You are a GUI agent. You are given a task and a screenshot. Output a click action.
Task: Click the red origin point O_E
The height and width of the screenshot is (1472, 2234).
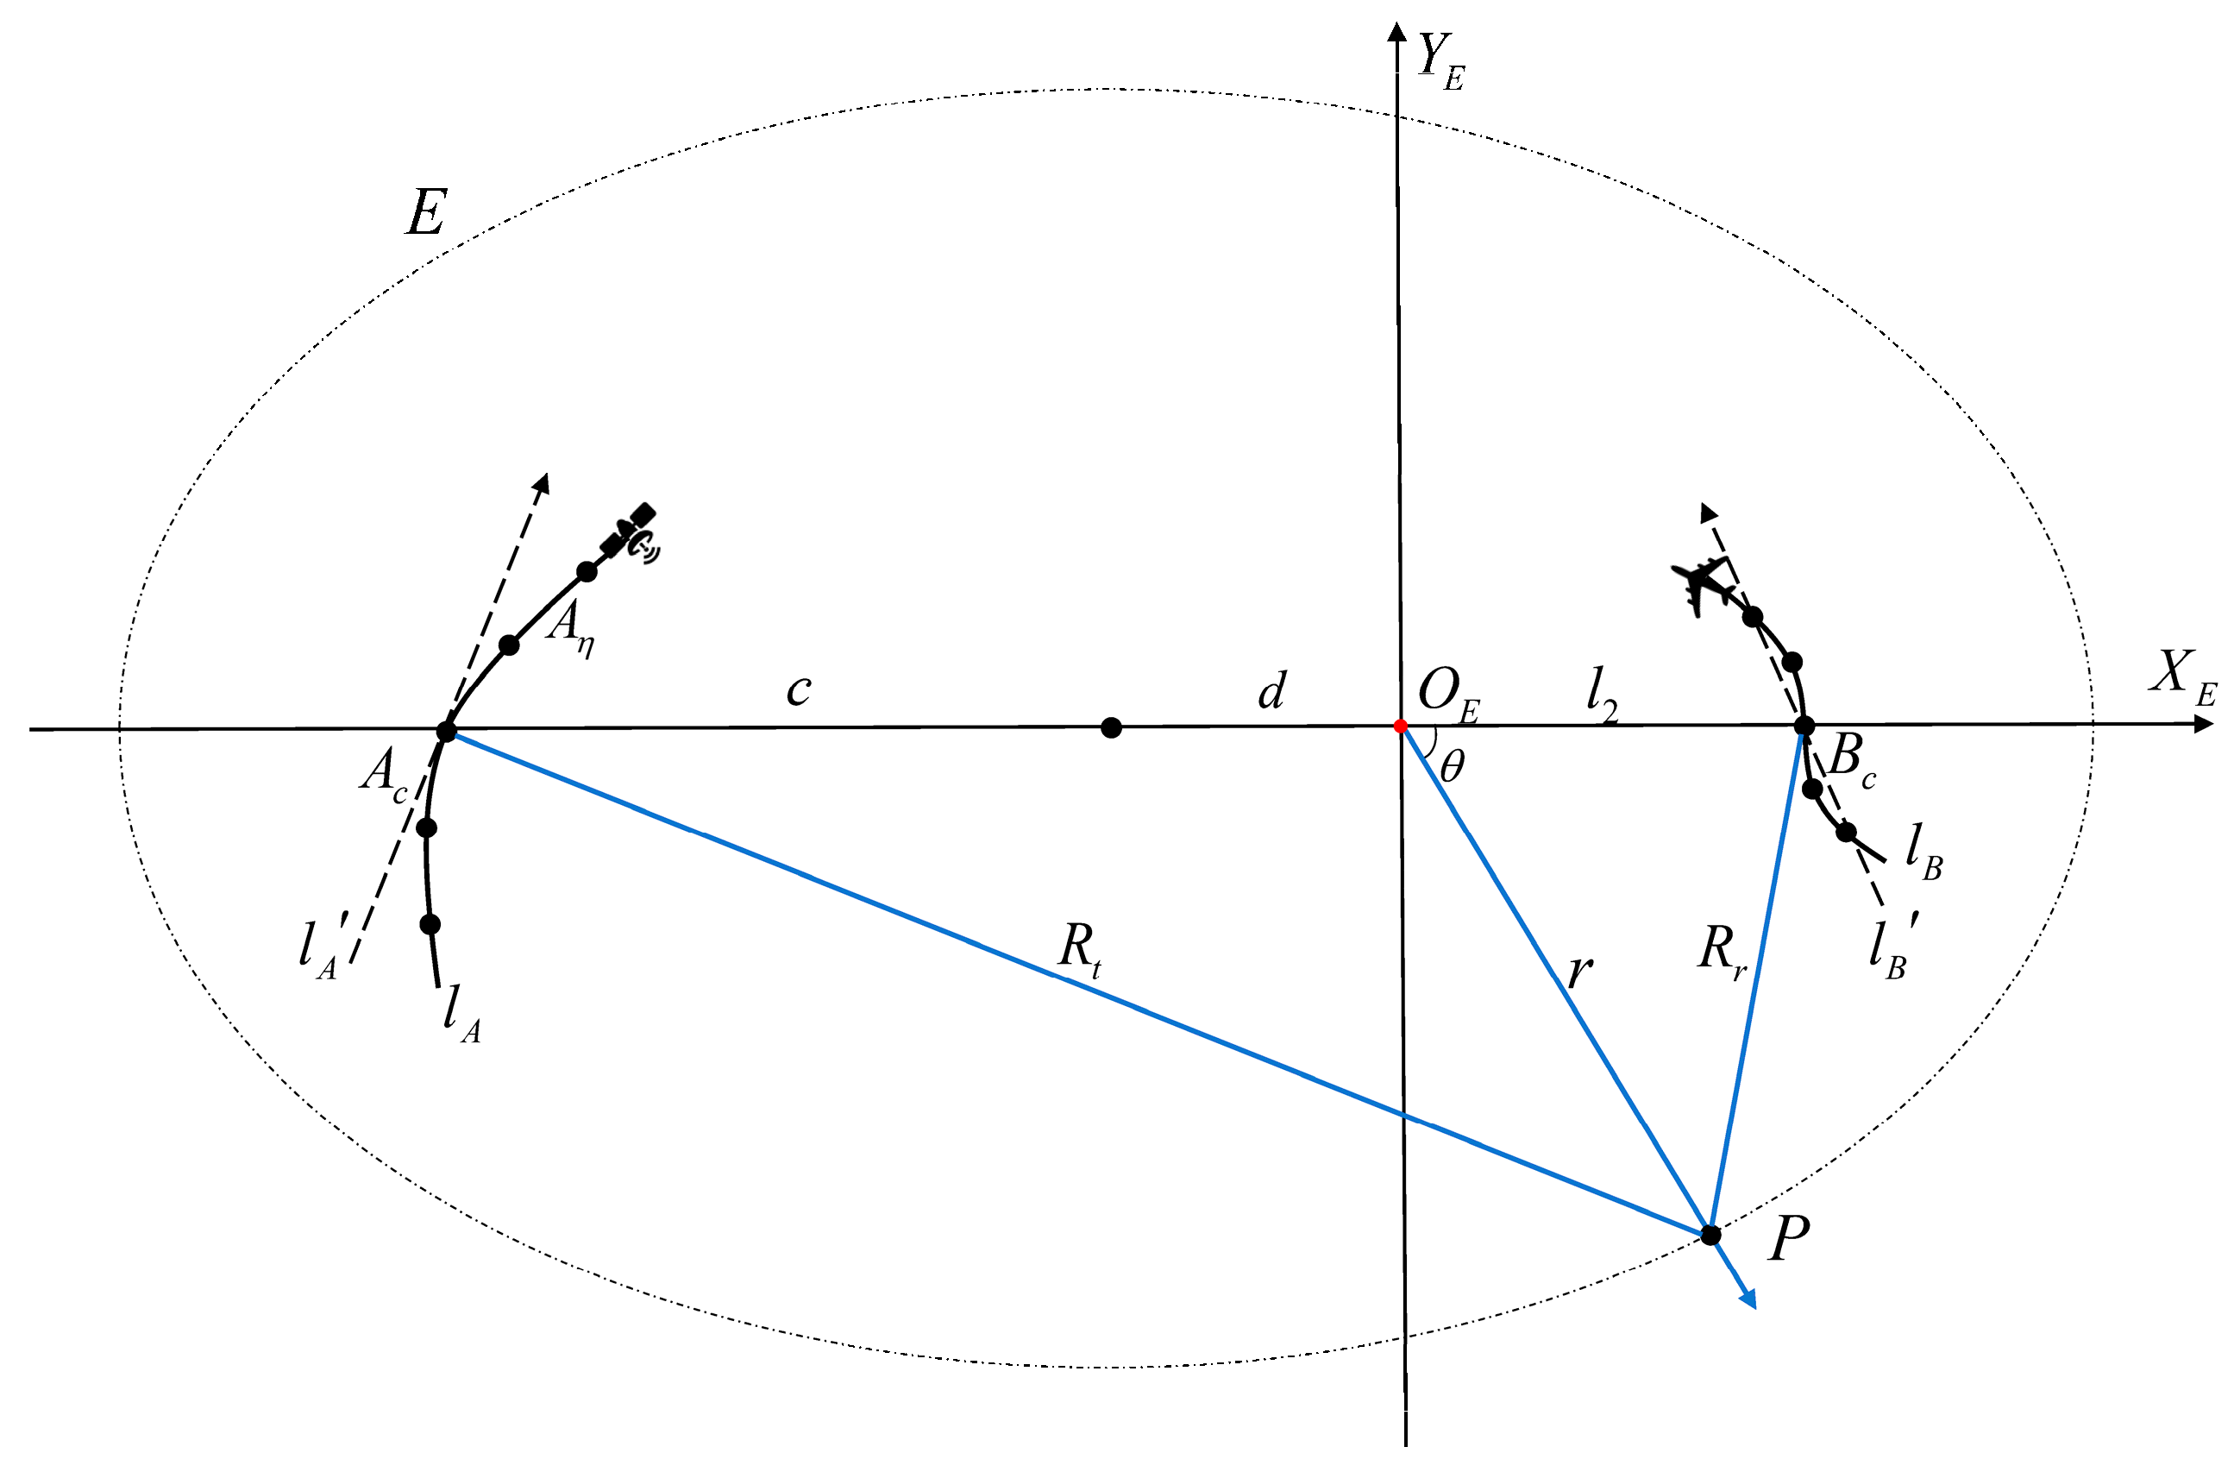pos(1401,727)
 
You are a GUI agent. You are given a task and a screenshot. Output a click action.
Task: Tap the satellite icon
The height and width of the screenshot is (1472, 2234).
pos(631,533)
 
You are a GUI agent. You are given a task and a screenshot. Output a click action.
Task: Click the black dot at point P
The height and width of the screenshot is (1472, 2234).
pos(1711,1235)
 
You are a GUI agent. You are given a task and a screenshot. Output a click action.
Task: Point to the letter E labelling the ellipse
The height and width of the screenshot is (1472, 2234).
pos(426,212)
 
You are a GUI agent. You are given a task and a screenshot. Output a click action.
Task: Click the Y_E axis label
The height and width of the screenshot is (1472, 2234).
pos(1440,62)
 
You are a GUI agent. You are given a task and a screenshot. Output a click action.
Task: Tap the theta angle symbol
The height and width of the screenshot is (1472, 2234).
pos(1451,767)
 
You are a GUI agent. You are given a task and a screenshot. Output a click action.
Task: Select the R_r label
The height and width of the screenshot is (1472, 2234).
pos(1722,952)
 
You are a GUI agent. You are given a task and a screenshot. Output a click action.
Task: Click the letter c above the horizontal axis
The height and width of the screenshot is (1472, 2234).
pos(798,690)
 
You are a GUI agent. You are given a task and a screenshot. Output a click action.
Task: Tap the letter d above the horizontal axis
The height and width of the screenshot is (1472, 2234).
pos(1272,690)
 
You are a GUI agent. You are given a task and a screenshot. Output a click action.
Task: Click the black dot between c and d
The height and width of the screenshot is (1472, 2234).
pos(1111,727)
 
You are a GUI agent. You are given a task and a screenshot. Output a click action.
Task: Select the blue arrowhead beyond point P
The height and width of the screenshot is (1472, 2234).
pos(1747,1299)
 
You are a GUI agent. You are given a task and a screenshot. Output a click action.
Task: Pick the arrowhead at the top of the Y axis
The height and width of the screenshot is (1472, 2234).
pos(1396,32)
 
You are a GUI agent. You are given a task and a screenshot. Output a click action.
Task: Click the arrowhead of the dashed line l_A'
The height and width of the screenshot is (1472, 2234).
pos(541,482)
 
